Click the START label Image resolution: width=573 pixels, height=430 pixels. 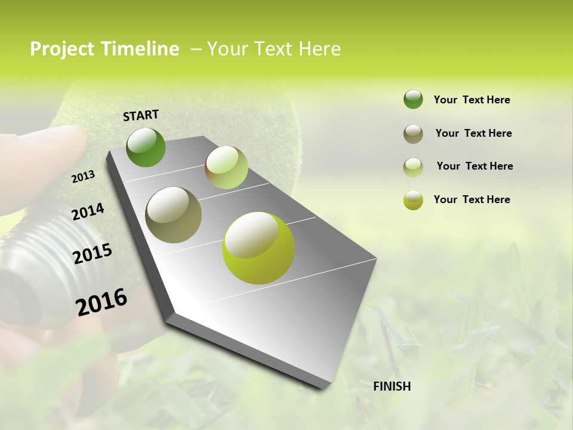tap(141, 115)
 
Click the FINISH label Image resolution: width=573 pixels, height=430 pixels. tap(392, 386)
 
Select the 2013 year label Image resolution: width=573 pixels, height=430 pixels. tap(83, 176)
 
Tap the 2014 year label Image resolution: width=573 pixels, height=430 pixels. tap(88, 211)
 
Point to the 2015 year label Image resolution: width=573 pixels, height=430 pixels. tap(92, 254)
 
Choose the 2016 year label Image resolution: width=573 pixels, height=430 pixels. tap(101, 302)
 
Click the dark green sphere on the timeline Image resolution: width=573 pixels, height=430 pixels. tap(146, 148)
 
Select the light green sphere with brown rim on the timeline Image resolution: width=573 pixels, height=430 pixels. tap(226, 167)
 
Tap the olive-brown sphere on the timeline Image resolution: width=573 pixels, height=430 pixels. tap(173, 214)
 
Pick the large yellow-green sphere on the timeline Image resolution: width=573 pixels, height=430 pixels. tap(258, 248)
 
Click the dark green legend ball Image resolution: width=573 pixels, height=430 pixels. tap(413, 100)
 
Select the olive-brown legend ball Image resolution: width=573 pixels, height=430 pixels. tap(413, 134)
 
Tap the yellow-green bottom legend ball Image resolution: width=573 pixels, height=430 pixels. tap(413, 200)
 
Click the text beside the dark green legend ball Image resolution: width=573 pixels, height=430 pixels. tap(472, 100)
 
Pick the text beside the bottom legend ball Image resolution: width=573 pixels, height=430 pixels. tap(472, 199)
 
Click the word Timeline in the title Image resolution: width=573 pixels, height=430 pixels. tap(140, 49)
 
